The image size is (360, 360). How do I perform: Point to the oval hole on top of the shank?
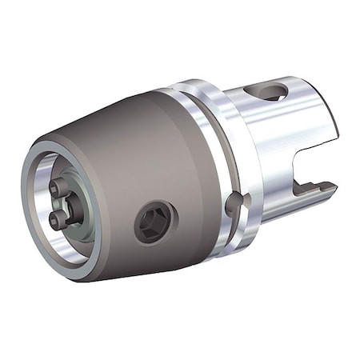tap(273, 93)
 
